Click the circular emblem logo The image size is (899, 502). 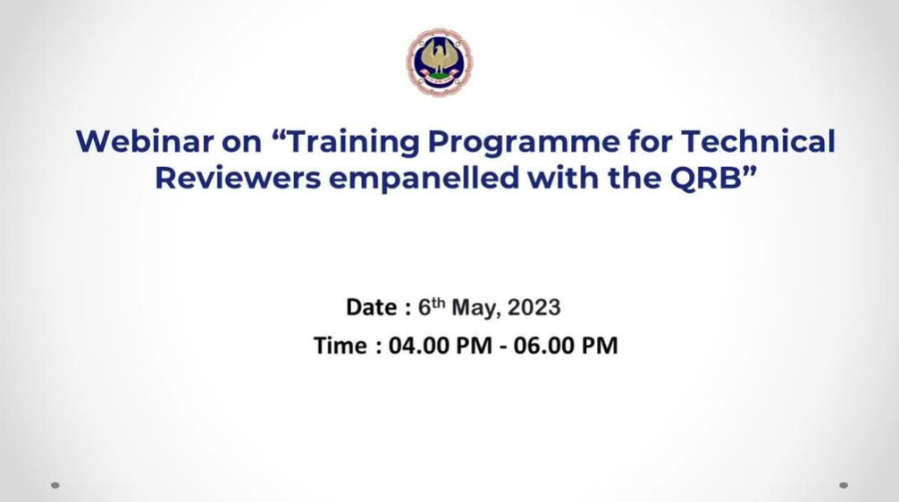click(440, 62)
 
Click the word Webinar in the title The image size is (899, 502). click(145, 141)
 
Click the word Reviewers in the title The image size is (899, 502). click(238, 178)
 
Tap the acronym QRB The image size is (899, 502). click(706, 179)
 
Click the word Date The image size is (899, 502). click(372, 307)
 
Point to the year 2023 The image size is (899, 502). click(534, 308)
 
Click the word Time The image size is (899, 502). click(340, 346)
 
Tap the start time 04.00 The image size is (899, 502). click(420, 346)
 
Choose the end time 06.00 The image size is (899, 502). click(544, 346)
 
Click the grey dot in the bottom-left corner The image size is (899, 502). click(55, 485)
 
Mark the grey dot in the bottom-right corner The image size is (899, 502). click(844, 485)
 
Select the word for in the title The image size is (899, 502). click(651, 141)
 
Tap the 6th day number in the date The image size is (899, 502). click(431, 306)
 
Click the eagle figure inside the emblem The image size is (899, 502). click(440, 60)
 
